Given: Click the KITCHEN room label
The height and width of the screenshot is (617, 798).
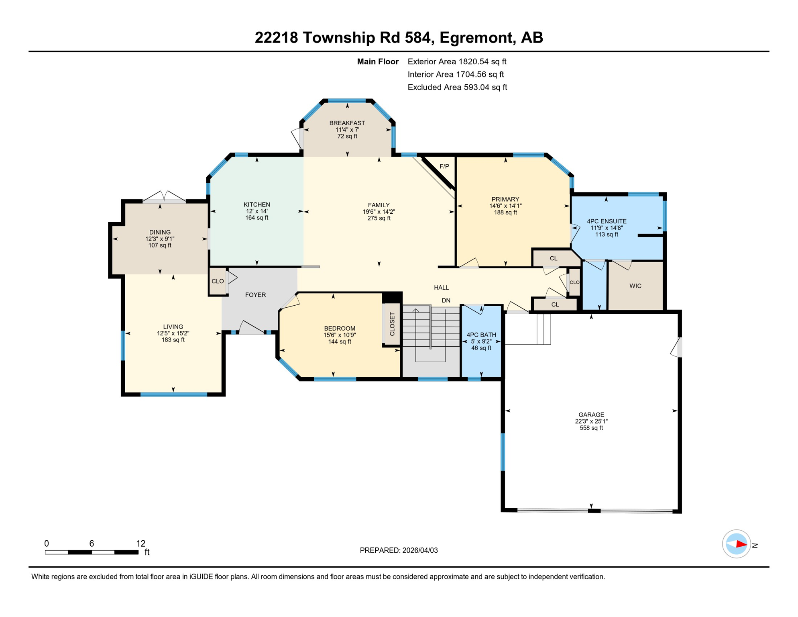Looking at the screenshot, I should [x=256, y=204].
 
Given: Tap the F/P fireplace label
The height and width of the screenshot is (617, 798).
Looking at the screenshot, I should [x=444, y=166].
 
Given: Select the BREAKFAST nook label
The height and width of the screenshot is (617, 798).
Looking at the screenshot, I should [x=347, y=123].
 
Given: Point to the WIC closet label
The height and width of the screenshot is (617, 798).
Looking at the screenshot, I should [x=635, y=286].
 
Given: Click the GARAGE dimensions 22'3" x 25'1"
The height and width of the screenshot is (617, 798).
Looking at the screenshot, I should [x=591, y=421].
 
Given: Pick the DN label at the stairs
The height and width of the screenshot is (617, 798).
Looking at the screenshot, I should [x=446, y=300].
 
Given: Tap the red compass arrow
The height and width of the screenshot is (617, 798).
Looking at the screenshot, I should [x=741, y=545].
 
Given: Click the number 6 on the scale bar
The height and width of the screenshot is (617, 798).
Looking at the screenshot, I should [x=92, y=543].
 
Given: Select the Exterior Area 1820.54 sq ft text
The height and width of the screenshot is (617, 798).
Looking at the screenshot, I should [x=456, y=61].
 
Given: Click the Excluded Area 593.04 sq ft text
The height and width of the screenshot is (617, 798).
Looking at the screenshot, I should [x=457, y=87].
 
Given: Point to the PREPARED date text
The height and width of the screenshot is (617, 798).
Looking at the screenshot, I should [x=398, y=550].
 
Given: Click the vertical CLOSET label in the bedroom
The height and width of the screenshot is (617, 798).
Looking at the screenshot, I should [x=392, y=324].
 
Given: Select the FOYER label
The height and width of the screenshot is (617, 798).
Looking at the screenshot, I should [x=255, y=295].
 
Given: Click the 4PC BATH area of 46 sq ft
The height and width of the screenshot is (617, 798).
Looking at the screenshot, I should [x=481, y=348].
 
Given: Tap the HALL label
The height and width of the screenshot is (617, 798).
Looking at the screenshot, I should [x=441, y=288].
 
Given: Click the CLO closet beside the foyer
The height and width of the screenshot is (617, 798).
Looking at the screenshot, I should [x=218, y=281].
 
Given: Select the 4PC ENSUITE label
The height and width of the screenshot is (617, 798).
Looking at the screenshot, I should [x=606, y=221].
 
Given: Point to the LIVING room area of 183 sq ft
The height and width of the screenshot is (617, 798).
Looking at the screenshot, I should [x=173, y=340].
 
